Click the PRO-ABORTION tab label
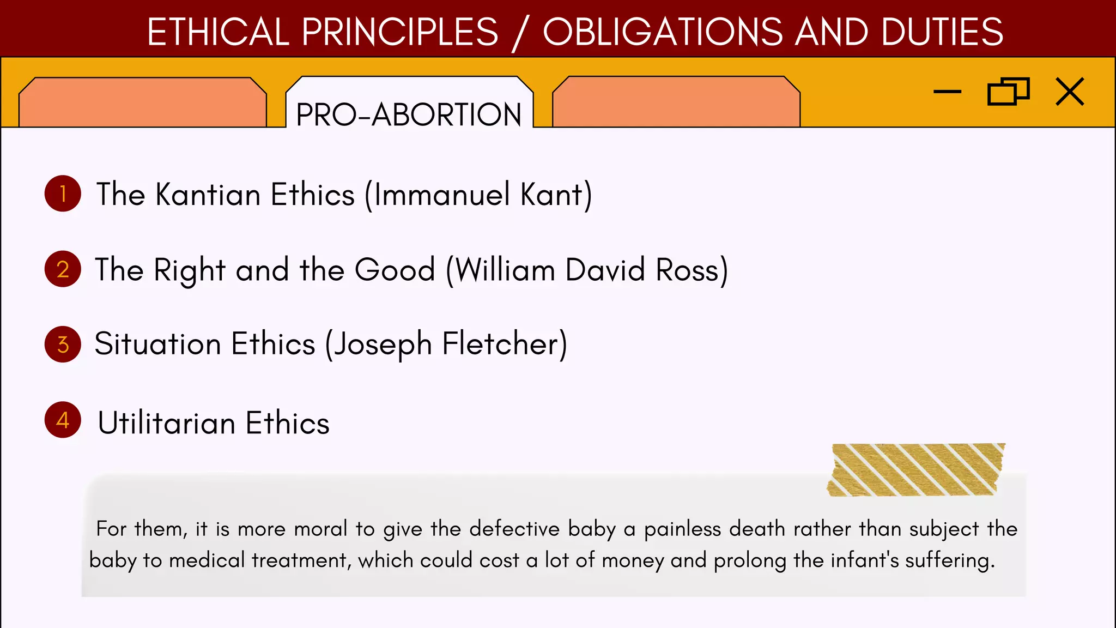[x=409, y=114]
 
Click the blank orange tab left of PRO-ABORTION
[x=143, y=102]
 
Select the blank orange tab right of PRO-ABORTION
[x=676, y=102]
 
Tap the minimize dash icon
[x=947, y=92]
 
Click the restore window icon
[x=1008, y=91]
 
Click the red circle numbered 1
[x=63, y=194]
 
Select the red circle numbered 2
[x=63, y=269]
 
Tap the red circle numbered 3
[x=63, y=344]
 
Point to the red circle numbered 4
[x=63, y=420]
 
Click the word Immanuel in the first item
[x=442, y=195]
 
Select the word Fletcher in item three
[x=501, y=344]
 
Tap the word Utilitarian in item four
[x=166, y=423]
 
